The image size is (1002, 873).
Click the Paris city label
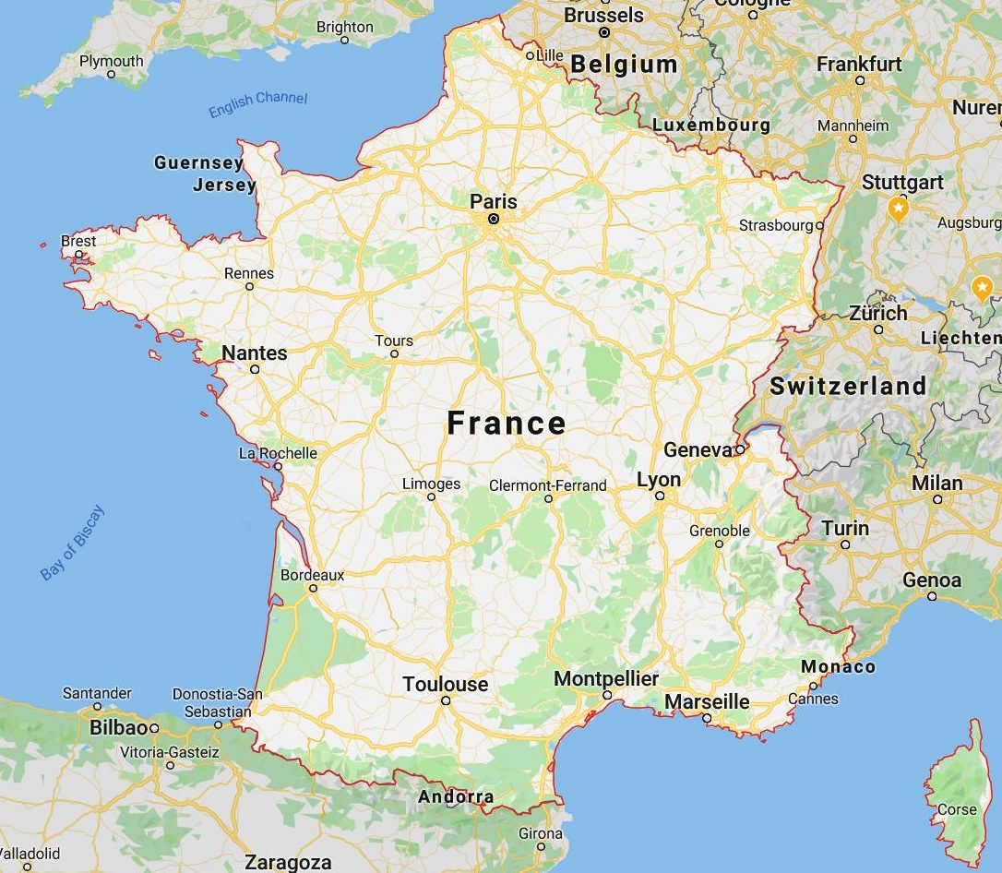point(494,201)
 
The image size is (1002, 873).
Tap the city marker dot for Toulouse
point(446,700)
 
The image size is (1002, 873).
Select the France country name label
point(507,423)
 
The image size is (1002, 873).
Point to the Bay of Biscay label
point(73,543)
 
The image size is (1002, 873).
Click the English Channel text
point(257,104)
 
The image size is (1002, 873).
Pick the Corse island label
point(957,809)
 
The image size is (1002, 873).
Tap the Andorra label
point(456,796)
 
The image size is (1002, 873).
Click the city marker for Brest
point(78,255)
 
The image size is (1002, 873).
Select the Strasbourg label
point(776,225)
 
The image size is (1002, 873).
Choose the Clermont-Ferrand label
point(548,485)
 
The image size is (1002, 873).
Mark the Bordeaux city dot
point(313,587)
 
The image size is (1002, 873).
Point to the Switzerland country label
point(848,386)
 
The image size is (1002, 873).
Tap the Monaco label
point(838,666)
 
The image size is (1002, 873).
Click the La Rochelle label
point(278,453)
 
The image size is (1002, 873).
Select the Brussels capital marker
point(604,32)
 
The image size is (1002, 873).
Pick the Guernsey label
point(198,163)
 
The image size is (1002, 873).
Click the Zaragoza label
point(288,863)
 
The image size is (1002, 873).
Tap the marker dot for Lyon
point(660,496)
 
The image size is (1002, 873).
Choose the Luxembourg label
point(710,125)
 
